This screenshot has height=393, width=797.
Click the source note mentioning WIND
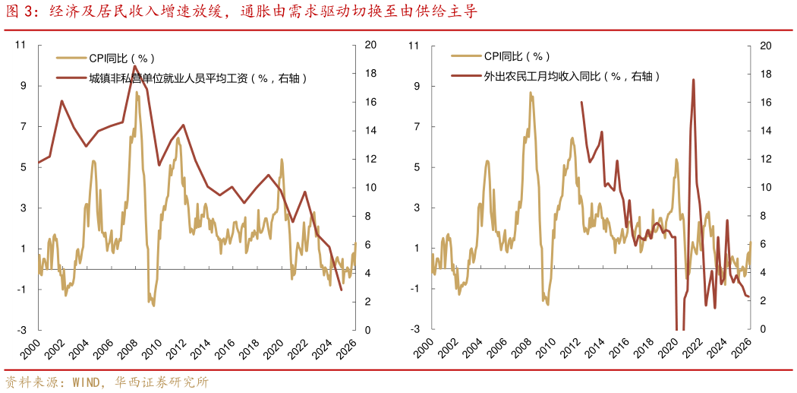coord(106,382)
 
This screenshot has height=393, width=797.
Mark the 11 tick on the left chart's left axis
coord(21,45)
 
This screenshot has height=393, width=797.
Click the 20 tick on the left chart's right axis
coord(371,45)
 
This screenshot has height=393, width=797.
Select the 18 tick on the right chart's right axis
coord(765,74)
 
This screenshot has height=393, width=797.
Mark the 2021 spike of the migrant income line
coord(693,80)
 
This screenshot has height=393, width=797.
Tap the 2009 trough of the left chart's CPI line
coord(153,305)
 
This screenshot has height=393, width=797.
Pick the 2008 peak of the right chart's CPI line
coord(531,93)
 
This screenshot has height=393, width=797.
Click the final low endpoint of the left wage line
coord(341,290)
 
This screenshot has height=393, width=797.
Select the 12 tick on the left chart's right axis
coord(370,159)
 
